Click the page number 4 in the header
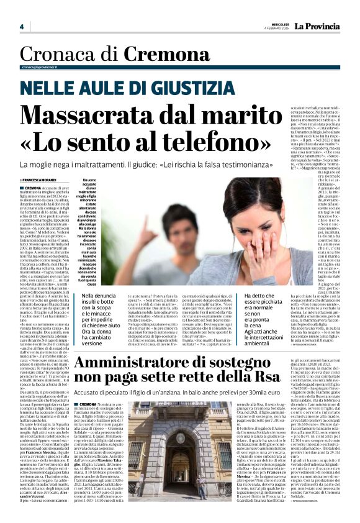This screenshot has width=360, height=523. point(21,27)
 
